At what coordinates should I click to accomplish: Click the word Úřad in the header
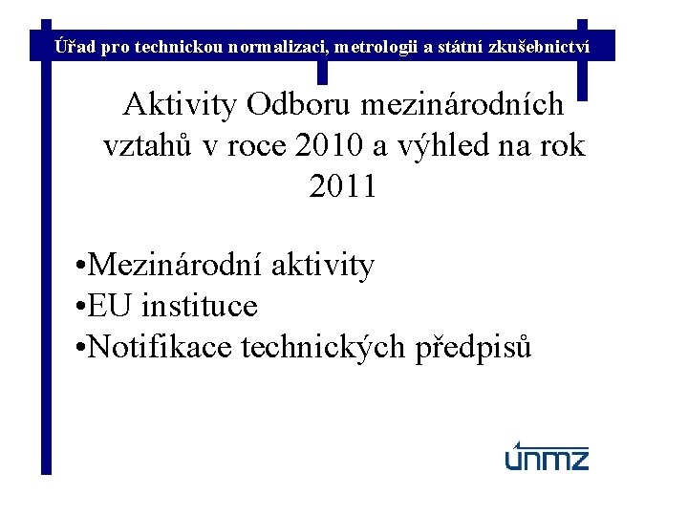[x=75, y=45]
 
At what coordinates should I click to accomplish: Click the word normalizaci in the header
[x=276, y=45]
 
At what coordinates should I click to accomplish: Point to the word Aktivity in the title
[x=180, y=104]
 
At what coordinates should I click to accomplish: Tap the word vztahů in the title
[x=147, y=145]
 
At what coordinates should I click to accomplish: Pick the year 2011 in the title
[x=343, y=186]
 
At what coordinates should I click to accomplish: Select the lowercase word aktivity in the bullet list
[x=323, y=265]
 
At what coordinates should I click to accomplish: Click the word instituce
[x=199, y=307]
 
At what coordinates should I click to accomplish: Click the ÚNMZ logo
[x=547, y=457]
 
